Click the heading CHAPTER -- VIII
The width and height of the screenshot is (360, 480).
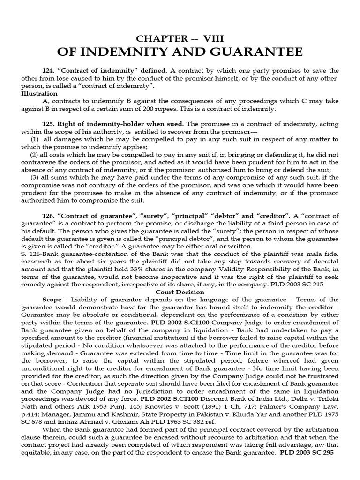pos(180,38)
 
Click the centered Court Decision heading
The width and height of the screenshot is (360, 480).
pos(180,291)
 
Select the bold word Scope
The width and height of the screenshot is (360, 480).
pos(52,299)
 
